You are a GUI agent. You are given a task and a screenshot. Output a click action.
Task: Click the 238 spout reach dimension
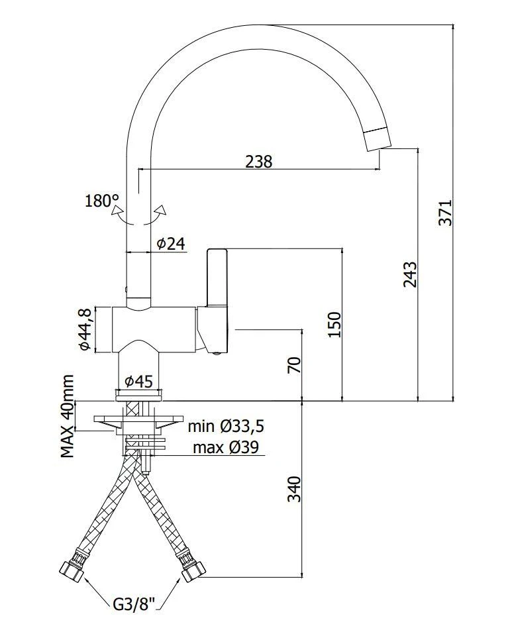pos(258,161)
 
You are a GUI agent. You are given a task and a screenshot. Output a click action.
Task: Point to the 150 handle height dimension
pos(334,325)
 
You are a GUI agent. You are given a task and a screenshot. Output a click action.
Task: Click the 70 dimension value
pos(295,364)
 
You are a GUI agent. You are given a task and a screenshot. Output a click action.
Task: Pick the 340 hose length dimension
pos(295,489)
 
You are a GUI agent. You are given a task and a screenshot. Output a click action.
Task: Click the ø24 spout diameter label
pos(170,244)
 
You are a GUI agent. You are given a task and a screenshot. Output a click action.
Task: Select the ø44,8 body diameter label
pos(85,329)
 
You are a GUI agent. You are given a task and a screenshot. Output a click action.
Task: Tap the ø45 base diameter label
pos(138,382)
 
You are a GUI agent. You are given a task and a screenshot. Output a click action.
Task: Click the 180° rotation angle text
pos(101,201)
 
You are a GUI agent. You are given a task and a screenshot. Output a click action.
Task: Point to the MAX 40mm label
pos(68,416)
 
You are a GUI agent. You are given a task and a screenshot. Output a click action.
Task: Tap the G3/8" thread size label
pos(134,604)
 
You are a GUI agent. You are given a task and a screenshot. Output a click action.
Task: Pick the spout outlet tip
pos(378,138)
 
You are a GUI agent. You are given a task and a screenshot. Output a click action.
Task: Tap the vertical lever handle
pos(217,278)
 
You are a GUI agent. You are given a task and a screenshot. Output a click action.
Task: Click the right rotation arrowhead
pos(159,212)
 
